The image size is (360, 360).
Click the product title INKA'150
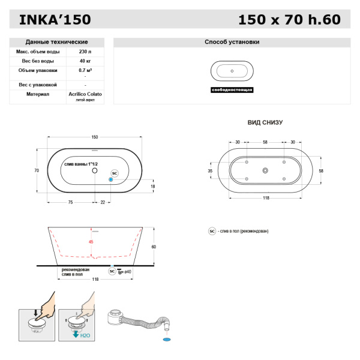55,19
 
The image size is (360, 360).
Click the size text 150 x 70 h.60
289,19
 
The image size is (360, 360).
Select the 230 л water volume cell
85,52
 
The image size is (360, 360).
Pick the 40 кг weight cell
85,61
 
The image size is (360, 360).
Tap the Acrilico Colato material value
85,94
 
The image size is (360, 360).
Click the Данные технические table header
57,42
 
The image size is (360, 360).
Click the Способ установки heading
232,42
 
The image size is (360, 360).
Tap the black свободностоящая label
232,89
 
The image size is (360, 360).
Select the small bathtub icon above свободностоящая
232,71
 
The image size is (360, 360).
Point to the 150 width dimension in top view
95,137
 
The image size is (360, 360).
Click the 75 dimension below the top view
70,203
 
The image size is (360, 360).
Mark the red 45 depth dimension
91,242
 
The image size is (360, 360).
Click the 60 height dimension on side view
154,247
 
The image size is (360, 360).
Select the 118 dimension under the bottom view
265,197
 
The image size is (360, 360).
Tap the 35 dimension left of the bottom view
210,171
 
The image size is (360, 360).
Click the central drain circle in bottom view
265,171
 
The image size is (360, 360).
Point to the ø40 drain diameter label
128,271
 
